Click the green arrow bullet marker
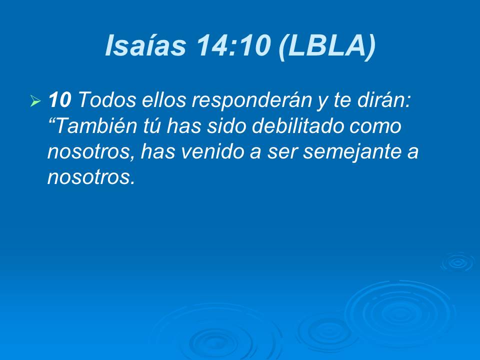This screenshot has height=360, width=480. tap(35, 102)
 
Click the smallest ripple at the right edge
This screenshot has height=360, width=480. tap(456, 262)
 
